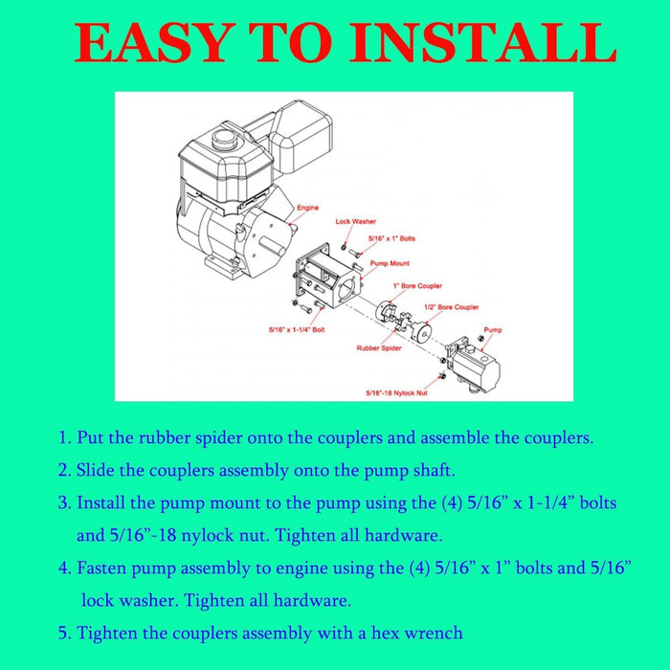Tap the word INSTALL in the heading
(483, 42)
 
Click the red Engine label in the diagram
(307, 208)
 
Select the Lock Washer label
(355, 221)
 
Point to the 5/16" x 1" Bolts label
(391, 238)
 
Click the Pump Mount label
(390, 263)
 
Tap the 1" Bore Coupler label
(417, 286)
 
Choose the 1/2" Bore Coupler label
(451, 307)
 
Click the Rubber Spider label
(379, 348)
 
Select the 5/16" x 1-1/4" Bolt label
(297, 330)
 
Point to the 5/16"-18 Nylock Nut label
(396, 393)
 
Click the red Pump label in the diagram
(493, 330)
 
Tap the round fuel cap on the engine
(225, 139)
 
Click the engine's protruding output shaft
(271, 247)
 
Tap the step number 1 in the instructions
(64, 438)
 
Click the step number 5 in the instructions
(64, 633)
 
